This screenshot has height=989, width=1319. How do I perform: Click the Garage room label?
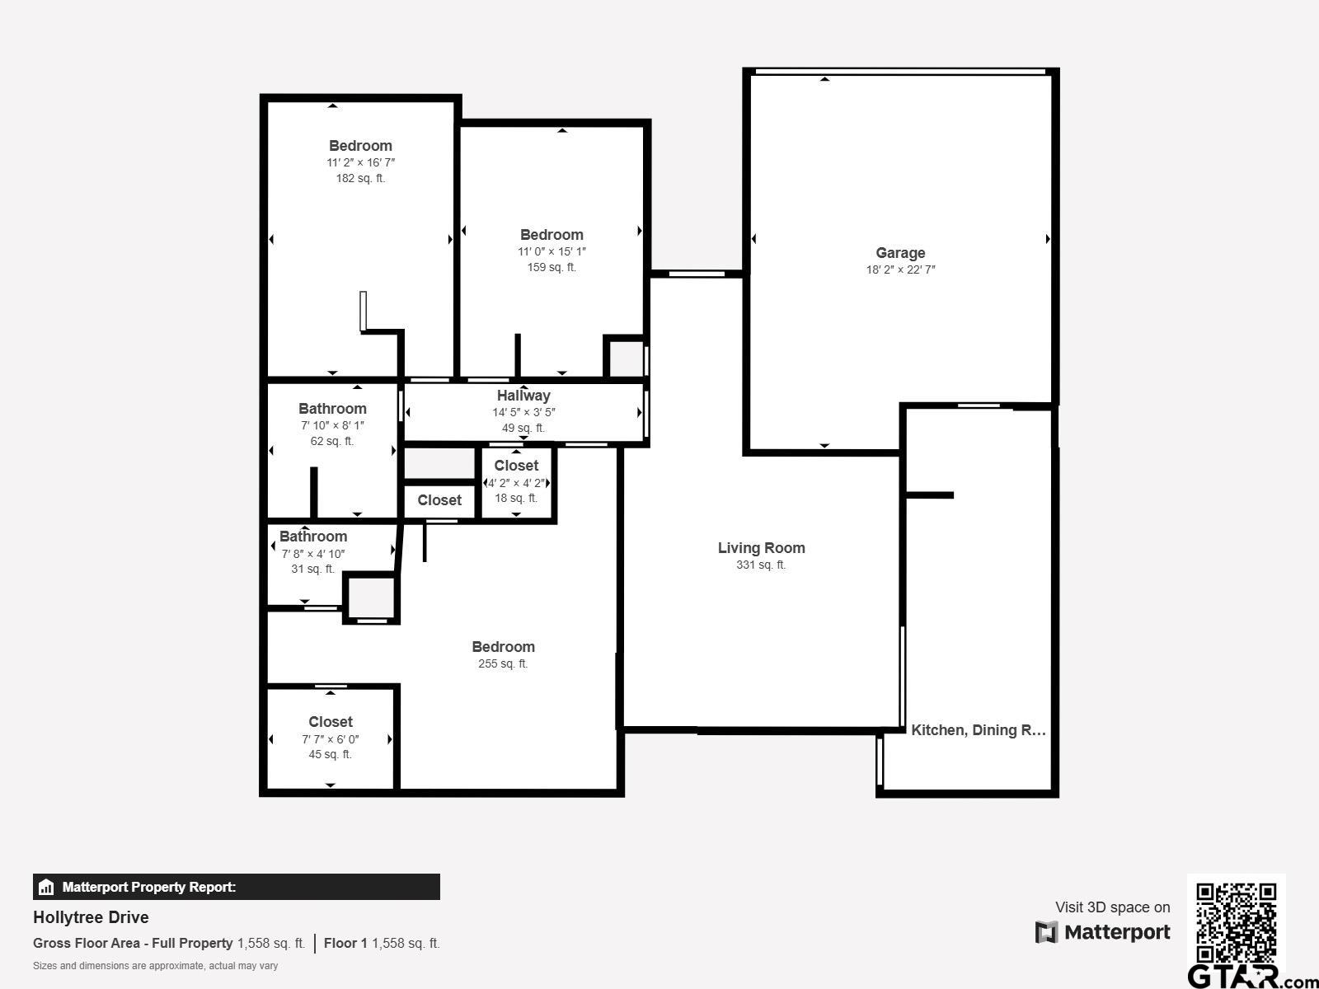pyautogui.click(x=900, y=253)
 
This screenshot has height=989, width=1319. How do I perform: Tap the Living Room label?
pyautogui.click(x=761, y=548)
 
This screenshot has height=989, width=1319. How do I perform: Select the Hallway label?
pyautogui.click(x=523, y=396)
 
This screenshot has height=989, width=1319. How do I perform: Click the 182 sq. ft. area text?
pyautogui.click(x=360, y=178)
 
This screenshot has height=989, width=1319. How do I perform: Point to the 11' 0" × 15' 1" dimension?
pyautogui.click(x=552, y=251)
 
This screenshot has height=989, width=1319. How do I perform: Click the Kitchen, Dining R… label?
pyautogui.click(x=978, y=730)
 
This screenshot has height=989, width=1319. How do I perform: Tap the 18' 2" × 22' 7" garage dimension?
pyautogui.click(x=900, y=270)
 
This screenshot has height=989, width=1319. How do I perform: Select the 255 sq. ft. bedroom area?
pyautogui.click(x=503, y=663)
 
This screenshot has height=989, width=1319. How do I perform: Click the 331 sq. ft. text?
pyautogui.click(x=761, y=565)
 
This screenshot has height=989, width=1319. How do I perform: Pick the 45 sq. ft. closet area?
pyautogui.click(x=330, y=754)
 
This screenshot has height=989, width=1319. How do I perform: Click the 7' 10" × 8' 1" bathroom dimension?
pyautogui.click(x=332, y=425)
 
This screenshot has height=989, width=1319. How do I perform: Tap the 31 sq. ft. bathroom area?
pyautogui.click(x=312, y=569)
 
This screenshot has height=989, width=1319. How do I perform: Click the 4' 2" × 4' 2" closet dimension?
pyautogui.click(x=516, y=483)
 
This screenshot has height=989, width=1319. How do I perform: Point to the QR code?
pyautogui.click(x=1236, y=922)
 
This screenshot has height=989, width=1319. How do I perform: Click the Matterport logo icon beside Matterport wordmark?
pyautogui.click(x=1046, y=932)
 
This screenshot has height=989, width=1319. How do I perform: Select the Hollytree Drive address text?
pyautogui.click(x=91, y=917)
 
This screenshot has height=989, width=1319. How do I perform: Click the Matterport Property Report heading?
pyautogui.click(x=148, y=887)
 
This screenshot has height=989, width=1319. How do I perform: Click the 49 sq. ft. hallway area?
pyautogui.click(x=523, y=428)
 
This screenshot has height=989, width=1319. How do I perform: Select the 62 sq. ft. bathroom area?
pyautogui.click(x=332, y=441)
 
